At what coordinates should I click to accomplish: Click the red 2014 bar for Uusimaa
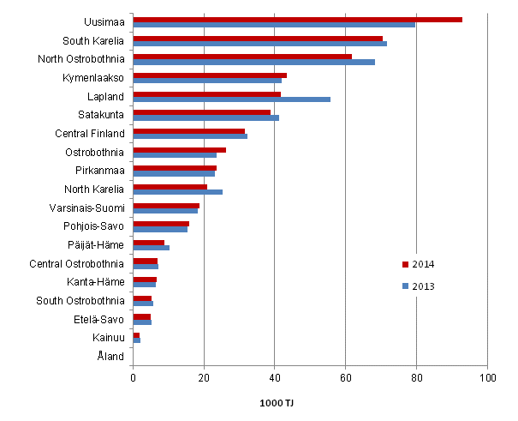point(297,19)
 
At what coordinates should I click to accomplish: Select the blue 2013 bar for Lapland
point(231,99)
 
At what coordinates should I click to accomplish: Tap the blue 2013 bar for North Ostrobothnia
point(253,62)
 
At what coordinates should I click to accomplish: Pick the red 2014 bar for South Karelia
point(258,38)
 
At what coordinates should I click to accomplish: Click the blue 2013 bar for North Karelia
point(177,192)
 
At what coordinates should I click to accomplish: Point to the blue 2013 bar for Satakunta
point(205,117)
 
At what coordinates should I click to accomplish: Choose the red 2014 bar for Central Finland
point(188,131)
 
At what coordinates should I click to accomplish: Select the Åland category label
point(111,357)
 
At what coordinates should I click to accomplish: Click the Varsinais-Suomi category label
point(87,208)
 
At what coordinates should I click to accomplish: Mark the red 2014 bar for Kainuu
point(136,335)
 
